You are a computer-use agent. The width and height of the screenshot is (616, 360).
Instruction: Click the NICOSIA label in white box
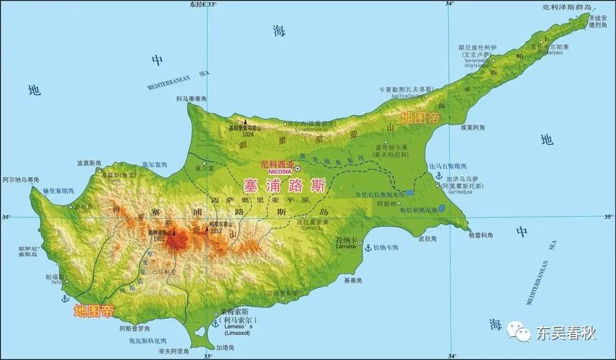click(x=280, y=173)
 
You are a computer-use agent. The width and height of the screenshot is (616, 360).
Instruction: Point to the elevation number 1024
click(x=249, y=133)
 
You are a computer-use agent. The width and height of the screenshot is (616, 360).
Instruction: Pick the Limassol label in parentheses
click(x=237, y=338)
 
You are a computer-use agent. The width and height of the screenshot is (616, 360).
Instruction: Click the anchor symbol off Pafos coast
click(x=65, y=297)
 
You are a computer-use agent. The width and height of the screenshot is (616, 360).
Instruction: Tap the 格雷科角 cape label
click(x=481, y=235)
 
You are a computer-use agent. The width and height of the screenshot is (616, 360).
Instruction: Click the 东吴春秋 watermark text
click(x=566, y=333)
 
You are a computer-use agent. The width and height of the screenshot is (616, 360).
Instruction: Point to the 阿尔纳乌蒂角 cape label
click(x=21, y=179)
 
